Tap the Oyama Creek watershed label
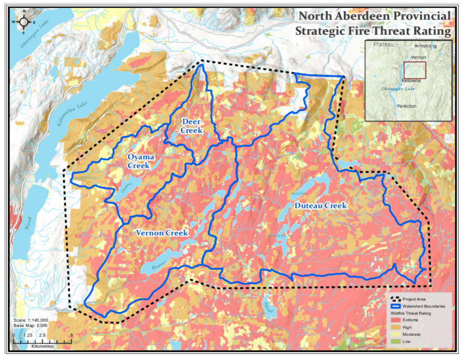tap(141, 161)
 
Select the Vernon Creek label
tap(162, 233)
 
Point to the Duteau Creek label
tap(320, 206)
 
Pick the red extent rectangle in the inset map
tap(415, 71)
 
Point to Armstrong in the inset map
tap(427, 46)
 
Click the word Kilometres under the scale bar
tap(43, 346)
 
